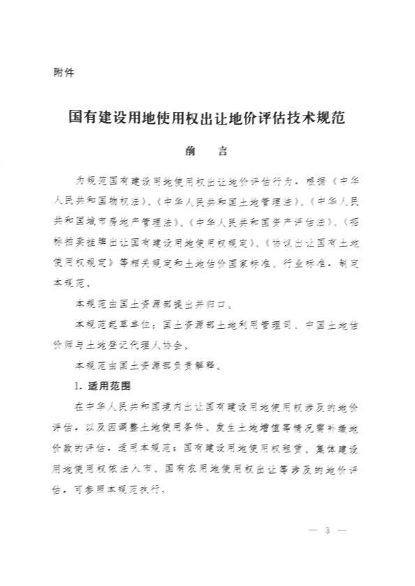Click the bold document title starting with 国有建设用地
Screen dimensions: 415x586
(x=207, y=116)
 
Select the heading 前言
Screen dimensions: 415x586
(x=207, y=151)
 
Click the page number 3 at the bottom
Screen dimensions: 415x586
(x=326, y=532)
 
